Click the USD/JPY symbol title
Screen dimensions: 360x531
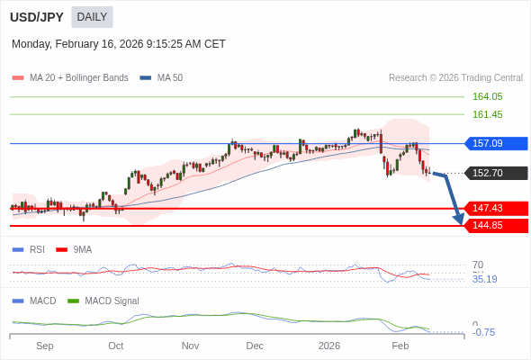coord(38,16)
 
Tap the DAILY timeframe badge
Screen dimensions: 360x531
coord(92,16)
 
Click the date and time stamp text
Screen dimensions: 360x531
coord(119,44)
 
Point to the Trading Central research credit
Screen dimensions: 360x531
coord(455,77)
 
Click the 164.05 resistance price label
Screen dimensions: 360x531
coord(487,96)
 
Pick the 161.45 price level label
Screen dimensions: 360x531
coord(487,114)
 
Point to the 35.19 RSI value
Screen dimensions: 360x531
coord(484,279)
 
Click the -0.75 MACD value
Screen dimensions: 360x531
coord(483,332)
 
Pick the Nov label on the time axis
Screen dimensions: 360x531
coord(190,346)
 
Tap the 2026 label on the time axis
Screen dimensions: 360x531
coord(329,346)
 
